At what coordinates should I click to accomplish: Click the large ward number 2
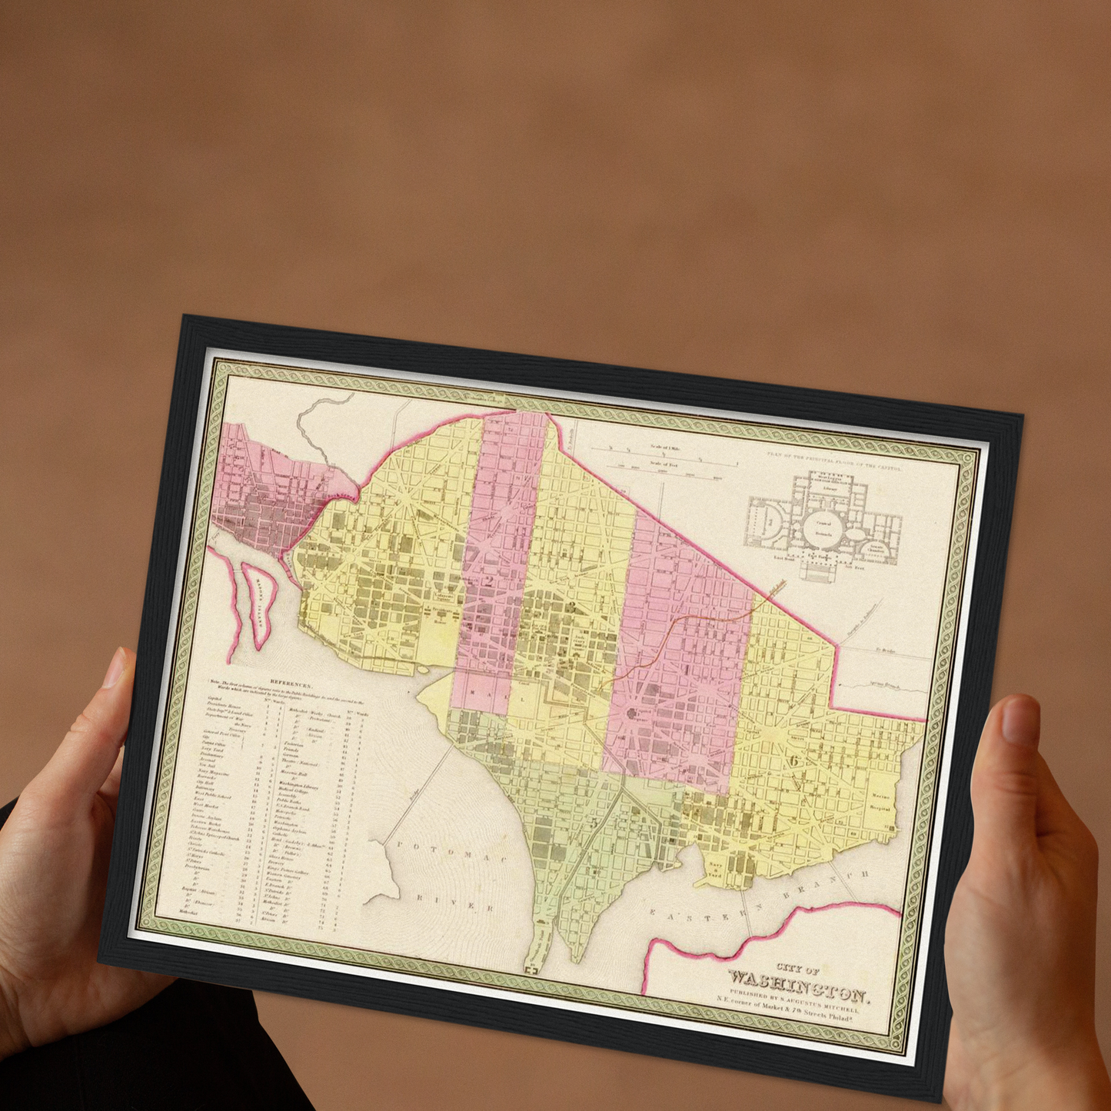(489, 580)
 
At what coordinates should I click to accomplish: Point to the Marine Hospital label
(881, 802)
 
